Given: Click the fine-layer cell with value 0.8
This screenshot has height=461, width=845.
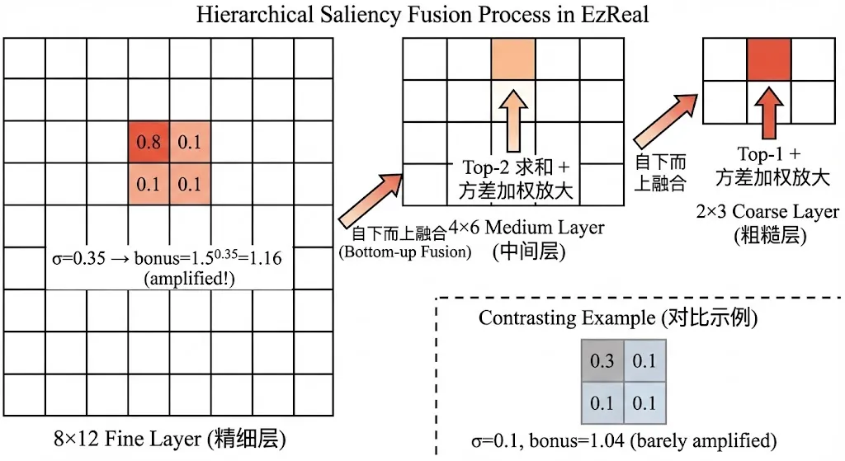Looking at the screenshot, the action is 149,142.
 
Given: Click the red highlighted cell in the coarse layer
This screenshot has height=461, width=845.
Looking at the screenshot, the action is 768,59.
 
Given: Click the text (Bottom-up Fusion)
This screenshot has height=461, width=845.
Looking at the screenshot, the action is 404,252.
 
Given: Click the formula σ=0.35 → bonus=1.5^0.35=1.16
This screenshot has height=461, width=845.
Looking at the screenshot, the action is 164,258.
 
